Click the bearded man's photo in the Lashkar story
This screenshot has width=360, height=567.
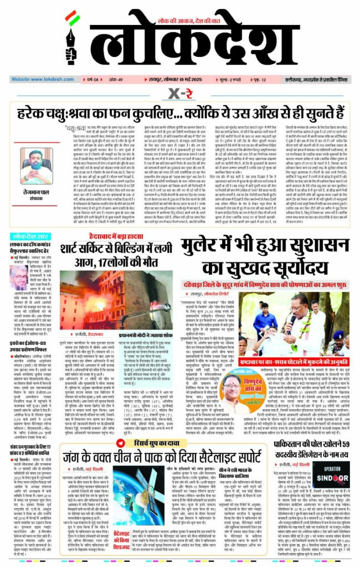pyautogui.click(x=18, y=273)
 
